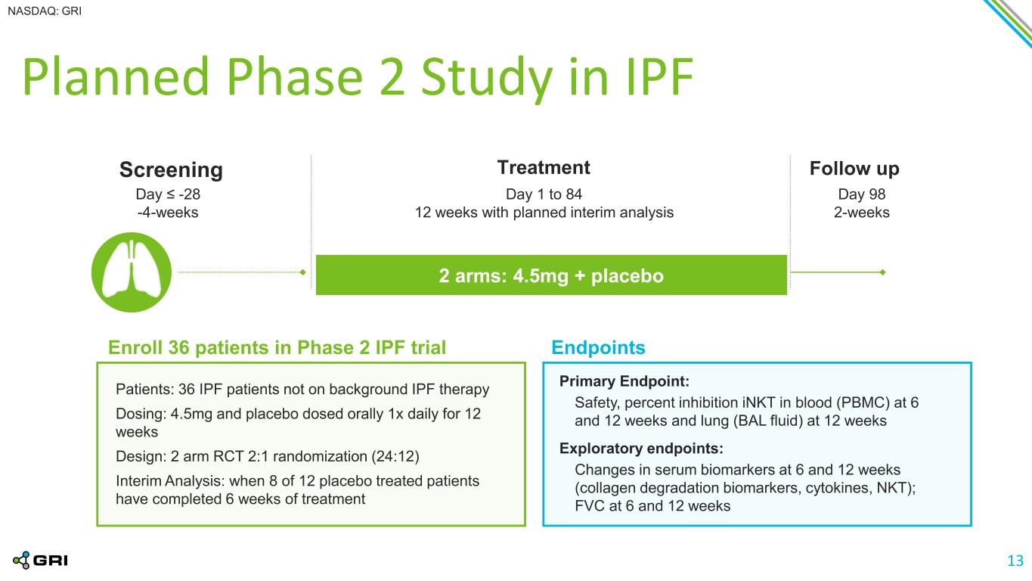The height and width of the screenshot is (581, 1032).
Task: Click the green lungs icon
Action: point(132,272)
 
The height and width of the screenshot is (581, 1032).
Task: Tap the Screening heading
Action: point(171,169)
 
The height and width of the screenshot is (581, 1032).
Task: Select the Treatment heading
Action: point(544,167)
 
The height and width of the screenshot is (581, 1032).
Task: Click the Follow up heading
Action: point(854,169)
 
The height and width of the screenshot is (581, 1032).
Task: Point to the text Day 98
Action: point(862,194)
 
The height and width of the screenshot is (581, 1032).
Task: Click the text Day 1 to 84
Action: point(544,194)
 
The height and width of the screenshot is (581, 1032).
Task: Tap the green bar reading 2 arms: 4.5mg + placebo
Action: point(551,275)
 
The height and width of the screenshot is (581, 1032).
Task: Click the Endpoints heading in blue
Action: point(598,348)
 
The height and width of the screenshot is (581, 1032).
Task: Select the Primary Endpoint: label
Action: point(624,381)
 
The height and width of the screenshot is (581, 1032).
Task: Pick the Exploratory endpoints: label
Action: point(641,448)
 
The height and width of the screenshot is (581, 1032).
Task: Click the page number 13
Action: point(1015,561)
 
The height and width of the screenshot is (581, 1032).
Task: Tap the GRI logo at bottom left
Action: point(40,561)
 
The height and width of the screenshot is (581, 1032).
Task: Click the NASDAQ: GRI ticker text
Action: point(45,11)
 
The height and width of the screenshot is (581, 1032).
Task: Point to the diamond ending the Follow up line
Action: point(883,272)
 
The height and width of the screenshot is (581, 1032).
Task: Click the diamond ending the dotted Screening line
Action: point(302,272)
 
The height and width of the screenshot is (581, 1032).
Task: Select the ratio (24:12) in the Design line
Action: point(395,456)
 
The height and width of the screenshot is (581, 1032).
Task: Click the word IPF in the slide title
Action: point(659,76)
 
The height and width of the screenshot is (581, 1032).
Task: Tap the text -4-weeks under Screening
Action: point(168,213)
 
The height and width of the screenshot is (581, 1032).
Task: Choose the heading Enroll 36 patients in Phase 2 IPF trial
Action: point(277,348)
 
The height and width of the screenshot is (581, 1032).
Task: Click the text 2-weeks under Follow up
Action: point(862,213)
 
